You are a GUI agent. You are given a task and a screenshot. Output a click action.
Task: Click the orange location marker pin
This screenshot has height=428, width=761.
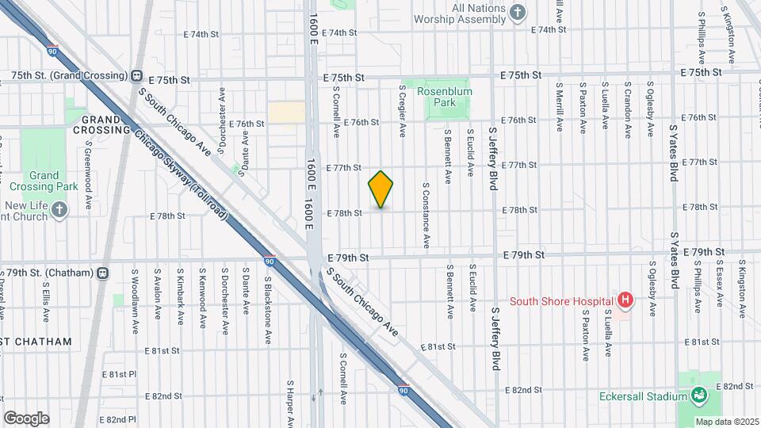point(380,189)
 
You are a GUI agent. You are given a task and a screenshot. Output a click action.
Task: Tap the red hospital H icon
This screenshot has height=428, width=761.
point(625,300)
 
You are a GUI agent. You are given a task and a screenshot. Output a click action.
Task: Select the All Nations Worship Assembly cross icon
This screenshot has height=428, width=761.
point(517,11)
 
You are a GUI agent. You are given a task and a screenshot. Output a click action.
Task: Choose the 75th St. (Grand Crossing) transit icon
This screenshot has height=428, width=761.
point(136,76)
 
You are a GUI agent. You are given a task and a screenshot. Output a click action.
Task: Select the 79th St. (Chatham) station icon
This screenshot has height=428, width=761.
point(102,273)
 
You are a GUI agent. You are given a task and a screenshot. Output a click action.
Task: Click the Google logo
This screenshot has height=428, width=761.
point(26,418)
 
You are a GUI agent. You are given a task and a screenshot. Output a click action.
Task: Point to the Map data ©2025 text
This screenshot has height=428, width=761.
point(726,422)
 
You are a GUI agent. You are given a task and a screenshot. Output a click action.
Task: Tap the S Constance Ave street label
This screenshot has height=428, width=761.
point(426,214)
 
